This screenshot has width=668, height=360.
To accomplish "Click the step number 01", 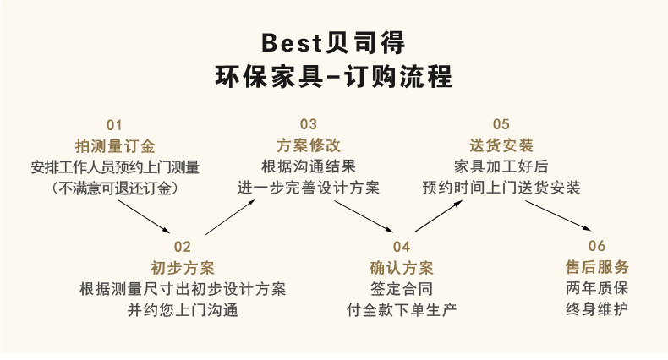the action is click(x=114, y=124).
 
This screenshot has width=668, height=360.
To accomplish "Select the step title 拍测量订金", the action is click(x=114, y=145).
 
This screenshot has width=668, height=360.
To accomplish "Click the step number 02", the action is click(x=182, y=247).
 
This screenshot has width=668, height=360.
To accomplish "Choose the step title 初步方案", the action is click(x=182, y=268).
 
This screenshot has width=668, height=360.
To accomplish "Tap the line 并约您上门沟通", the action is click(x=182, y=310).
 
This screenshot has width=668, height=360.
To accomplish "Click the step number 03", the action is click(x=308, y=124).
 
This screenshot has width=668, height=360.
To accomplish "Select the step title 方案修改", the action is click(x=308, y=145).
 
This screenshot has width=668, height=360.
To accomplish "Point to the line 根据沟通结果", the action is click(x=308, y=166).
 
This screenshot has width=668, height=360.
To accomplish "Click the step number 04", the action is click(x=402, y=247).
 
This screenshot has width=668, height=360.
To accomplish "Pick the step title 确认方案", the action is click(x=402, y=268).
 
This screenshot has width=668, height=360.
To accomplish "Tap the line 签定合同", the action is click(x=402, y=289).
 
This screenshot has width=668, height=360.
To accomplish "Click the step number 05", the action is click(x=501, y=124).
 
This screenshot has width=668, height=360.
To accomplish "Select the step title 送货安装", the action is click(x=501, y=145).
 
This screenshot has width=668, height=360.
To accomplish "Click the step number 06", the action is click(x=597, y=247).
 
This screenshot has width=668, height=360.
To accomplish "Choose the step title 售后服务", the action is click(x=597, y=268).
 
